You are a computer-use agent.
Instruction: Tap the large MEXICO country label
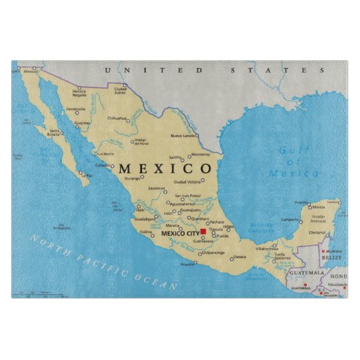click(x=165, y=168)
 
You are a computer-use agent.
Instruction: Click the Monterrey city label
click(x=200, y=154)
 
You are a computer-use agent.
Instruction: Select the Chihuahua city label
click(x=117, y=118)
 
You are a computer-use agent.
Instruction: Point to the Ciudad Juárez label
click(x=120, y=90)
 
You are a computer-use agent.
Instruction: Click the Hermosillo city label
click(x=76, y=109)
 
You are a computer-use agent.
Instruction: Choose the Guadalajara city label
click(x=145, y=219)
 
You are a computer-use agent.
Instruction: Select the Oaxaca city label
click(x=240, y=257)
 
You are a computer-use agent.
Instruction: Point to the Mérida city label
click(x=317, y=206)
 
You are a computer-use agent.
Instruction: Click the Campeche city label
click(x=291, y=219)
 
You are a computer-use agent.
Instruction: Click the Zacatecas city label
click(x=157, y=188)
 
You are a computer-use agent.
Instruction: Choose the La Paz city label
click(x=88, y=175)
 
